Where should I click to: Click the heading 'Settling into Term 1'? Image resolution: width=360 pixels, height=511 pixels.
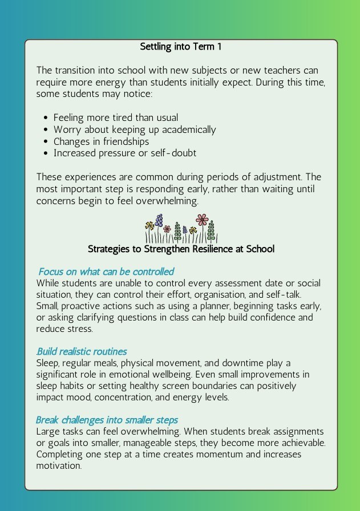pyautogui.click(x=180, y=47)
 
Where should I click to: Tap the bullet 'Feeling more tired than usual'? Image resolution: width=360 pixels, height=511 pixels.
pyautogui.click(x=116, y=117)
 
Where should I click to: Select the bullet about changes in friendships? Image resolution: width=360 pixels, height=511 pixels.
pyautogui.click(x=101, y=141)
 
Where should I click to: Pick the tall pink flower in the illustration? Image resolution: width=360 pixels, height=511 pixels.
pyautogui.click(x=201, y=220)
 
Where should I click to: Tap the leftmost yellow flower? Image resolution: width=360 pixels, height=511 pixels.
pyautogui.click(x=149, y=226)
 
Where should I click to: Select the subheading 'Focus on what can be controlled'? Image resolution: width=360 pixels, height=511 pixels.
pyautogui.click(x=106, y=271)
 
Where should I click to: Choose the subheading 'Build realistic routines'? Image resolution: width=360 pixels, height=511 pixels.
pyautogui.click(x=82, y=351)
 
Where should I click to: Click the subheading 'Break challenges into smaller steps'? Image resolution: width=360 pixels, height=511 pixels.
pyautogui.click(x=107, y=420)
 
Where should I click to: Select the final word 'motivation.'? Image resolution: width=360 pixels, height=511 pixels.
pyautogui.click(x=59, y=465)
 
